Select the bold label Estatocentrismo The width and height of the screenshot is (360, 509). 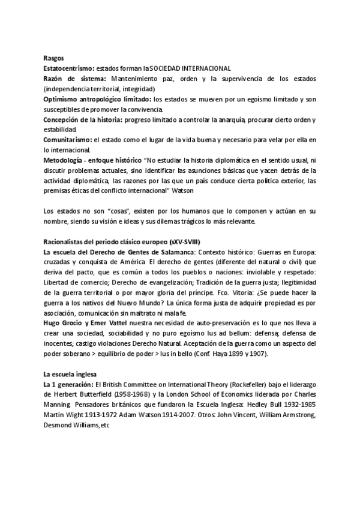[x=68, y=69]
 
